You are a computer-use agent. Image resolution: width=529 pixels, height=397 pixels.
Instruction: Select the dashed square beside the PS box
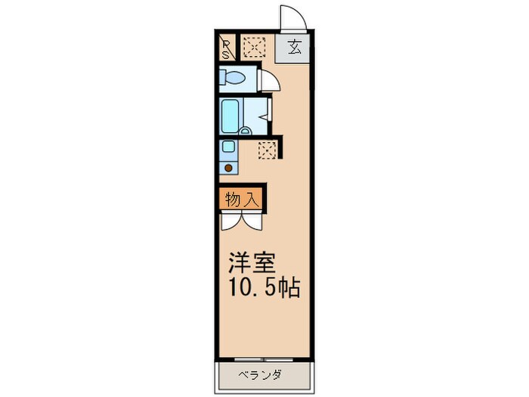tap(254, 48)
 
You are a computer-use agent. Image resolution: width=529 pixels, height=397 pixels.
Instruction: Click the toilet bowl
tap(234, 77)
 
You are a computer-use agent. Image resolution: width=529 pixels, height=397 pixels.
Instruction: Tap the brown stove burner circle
tap(228, 168)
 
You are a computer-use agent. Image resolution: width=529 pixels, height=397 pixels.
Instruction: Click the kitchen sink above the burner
tap(228, 147)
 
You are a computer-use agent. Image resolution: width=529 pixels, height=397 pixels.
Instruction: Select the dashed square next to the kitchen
tap(267, 149)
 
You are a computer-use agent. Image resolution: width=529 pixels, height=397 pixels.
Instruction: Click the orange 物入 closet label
tap(243, 200)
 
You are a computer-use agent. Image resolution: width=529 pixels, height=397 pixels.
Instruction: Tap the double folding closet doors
tap(243, 220)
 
